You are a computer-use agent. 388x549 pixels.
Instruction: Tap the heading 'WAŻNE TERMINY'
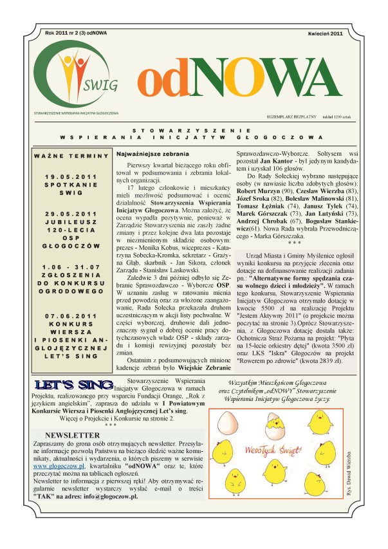click(72, 156)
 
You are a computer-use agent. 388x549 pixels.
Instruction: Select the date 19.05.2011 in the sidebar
click(71, 176)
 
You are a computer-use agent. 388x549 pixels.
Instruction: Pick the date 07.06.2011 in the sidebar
click(71, 316)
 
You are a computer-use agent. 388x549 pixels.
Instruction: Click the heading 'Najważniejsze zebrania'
click(152, 155)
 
